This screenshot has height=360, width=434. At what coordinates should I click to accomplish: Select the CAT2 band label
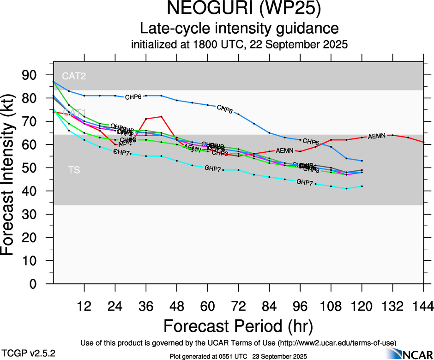tap(74, 75)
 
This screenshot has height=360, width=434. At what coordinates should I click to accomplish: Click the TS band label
tap(74, 170)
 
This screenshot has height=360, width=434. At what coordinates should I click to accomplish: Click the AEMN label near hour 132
tap(377, 136)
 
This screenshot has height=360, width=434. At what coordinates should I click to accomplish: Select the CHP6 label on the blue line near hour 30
tap(134, 97)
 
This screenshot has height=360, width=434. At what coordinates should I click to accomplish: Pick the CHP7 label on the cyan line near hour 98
tap(305, 182)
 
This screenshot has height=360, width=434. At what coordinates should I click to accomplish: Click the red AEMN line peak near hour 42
tap(161, 116)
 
